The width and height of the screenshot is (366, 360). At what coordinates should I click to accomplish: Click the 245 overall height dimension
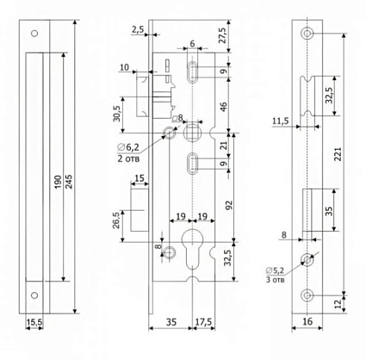point(69,181)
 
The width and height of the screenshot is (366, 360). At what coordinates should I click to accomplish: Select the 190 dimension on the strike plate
point(59,182)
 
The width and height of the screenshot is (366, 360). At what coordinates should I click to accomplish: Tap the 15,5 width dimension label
point(34,322)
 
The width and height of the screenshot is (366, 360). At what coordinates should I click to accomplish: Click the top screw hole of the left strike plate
point(34,34)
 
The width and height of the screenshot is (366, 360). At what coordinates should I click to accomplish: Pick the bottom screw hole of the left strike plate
point(34,295)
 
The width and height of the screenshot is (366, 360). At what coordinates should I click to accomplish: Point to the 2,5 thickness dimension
point(138,29)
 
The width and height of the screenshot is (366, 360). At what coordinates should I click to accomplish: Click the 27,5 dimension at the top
point(223,35)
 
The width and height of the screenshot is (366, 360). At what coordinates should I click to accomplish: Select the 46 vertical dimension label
point(223,106)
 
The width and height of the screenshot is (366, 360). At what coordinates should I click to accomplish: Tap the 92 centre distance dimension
point(229,205)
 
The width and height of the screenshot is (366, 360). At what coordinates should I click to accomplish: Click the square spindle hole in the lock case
point(192,132)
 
